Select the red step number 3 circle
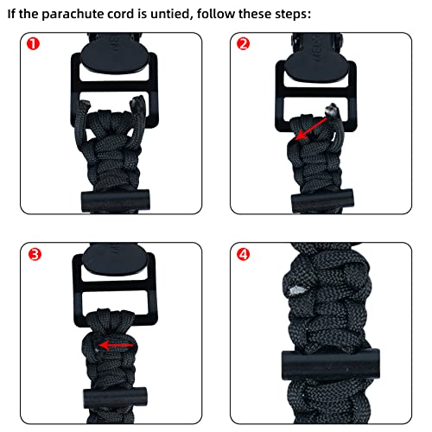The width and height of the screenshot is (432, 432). [31, 254]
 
